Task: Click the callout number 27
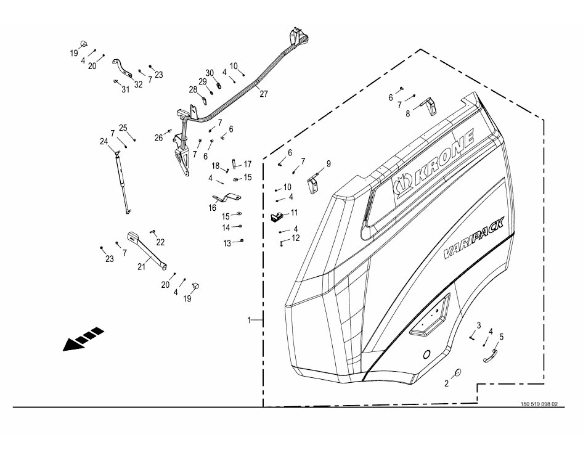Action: coord(264,94)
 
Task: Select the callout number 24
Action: coord(104,141)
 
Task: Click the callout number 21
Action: coord(141,266)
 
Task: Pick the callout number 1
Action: coord(250,321)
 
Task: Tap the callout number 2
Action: coord(447,383)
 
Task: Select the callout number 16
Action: coord(212,208)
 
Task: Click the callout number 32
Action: coord(138,84)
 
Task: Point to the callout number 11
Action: coord(295,213)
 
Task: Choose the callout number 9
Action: coord(328,164)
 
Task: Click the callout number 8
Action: coord(407,113)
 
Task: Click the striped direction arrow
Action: coord(83,338)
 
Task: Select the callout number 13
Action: coord(227,243)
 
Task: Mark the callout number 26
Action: coord(158,138)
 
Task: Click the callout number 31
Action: coord(126,90)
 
